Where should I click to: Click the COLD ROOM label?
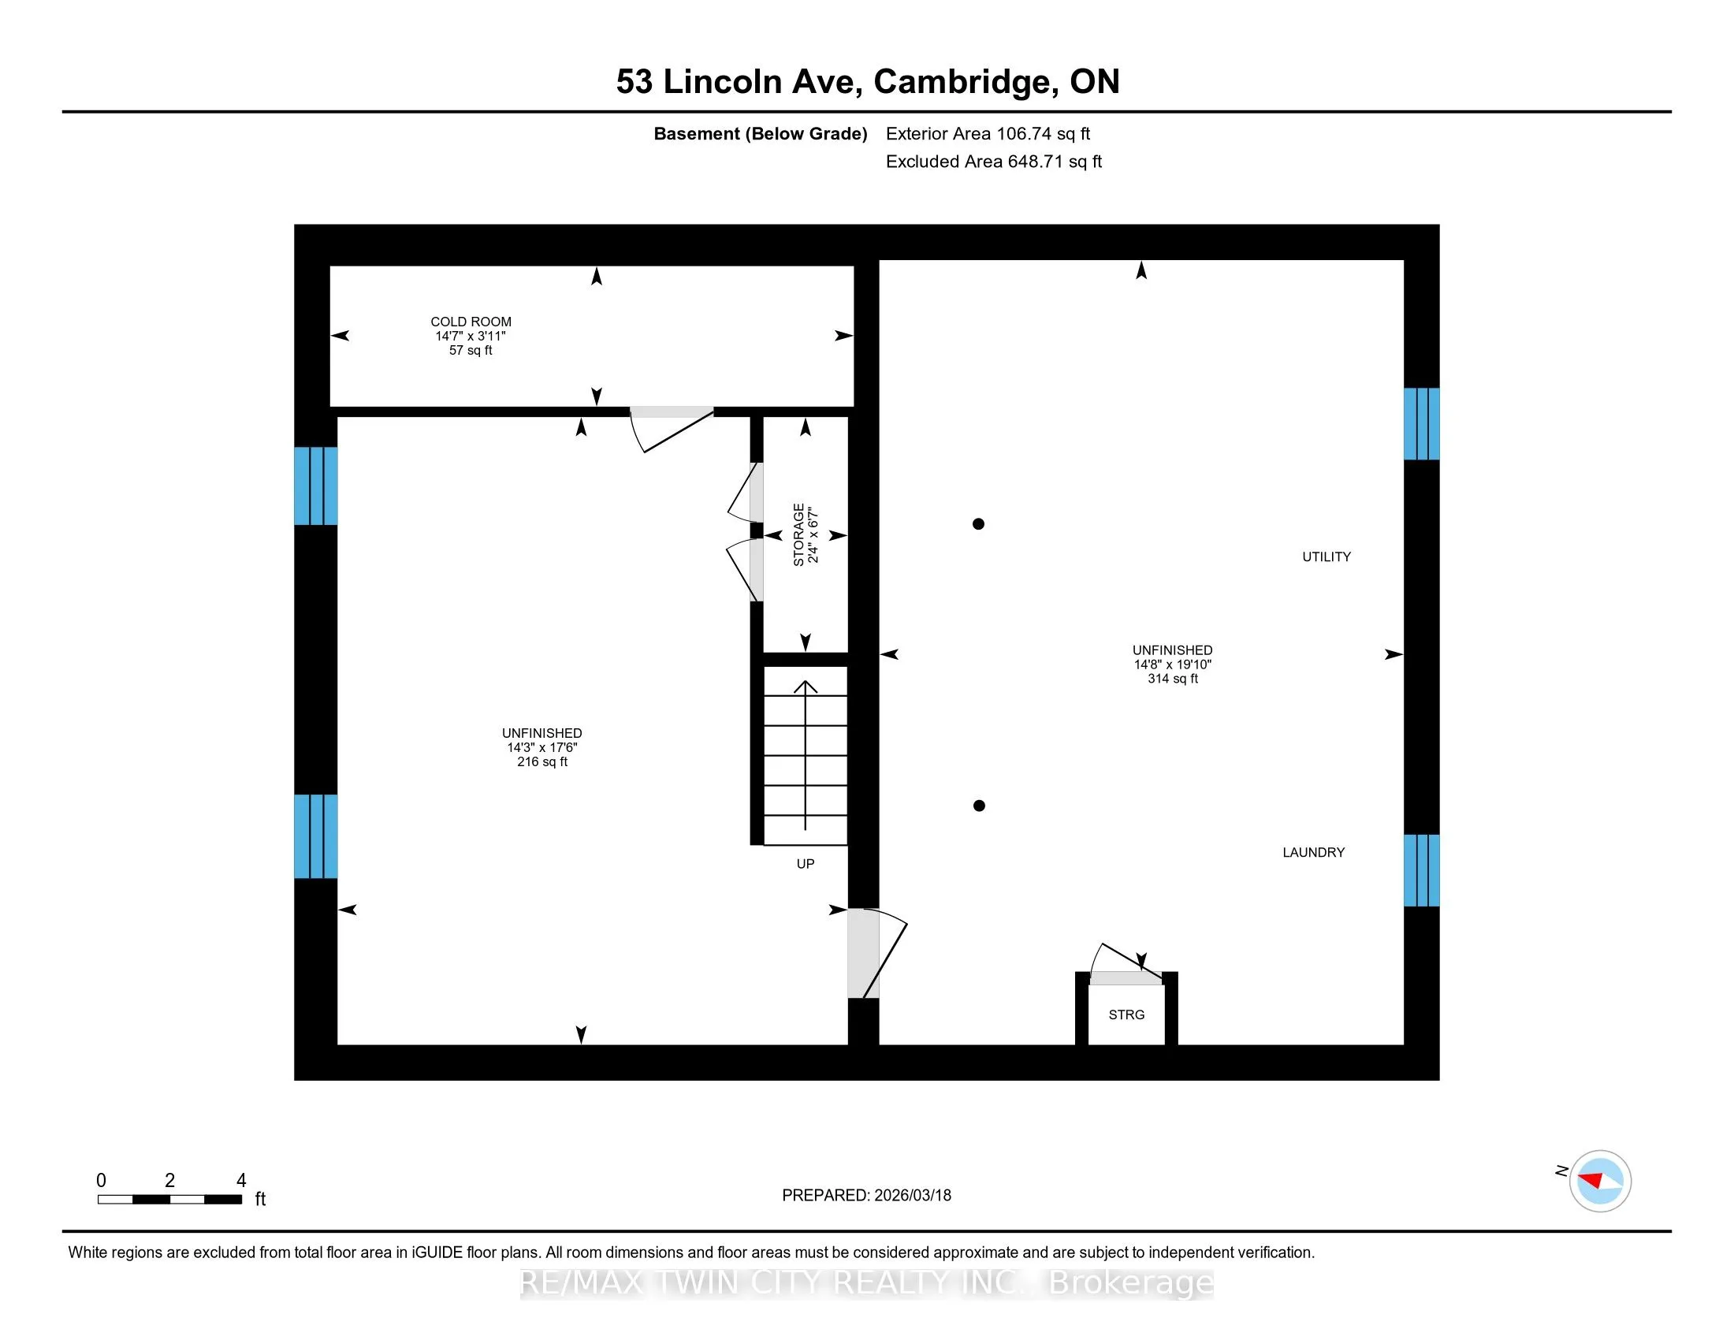(471, 322)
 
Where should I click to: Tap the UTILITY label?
(1326, 556)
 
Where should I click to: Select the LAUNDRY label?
(1313, 852)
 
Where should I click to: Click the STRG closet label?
(1126, 1014)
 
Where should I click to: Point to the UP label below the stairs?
(805, 864)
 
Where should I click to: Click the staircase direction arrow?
(806, 755)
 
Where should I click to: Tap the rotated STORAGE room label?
(798, 534)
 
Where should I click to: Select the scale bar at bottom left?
(170, 1199)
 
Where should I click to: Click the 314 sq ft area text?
(1172, 679)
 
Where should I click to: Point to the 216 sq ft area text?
(542, 762)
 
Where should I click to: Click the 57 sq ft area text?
(471, 350)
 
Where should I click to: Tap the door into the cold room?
(672, 430)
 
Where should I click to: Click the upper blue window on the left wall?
(316, 486)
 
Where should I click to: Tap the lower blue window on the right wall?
(1421, 870)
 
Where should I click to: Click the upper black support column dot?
(978, 524)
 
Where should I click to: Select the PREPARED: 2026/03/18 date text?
(866, 1196)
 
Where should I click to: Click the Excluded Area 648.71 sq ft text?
(993, 162)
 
